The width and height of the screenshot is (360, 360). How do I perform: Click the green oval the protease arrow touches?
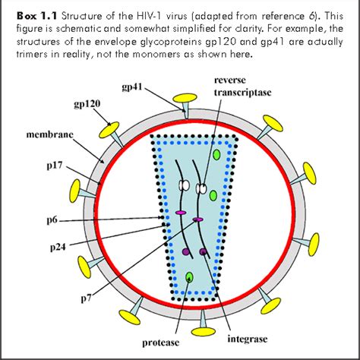[x=189, y=276]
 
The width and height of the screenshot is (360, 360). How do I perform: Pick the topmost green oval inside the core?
[x=218, y=154]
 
